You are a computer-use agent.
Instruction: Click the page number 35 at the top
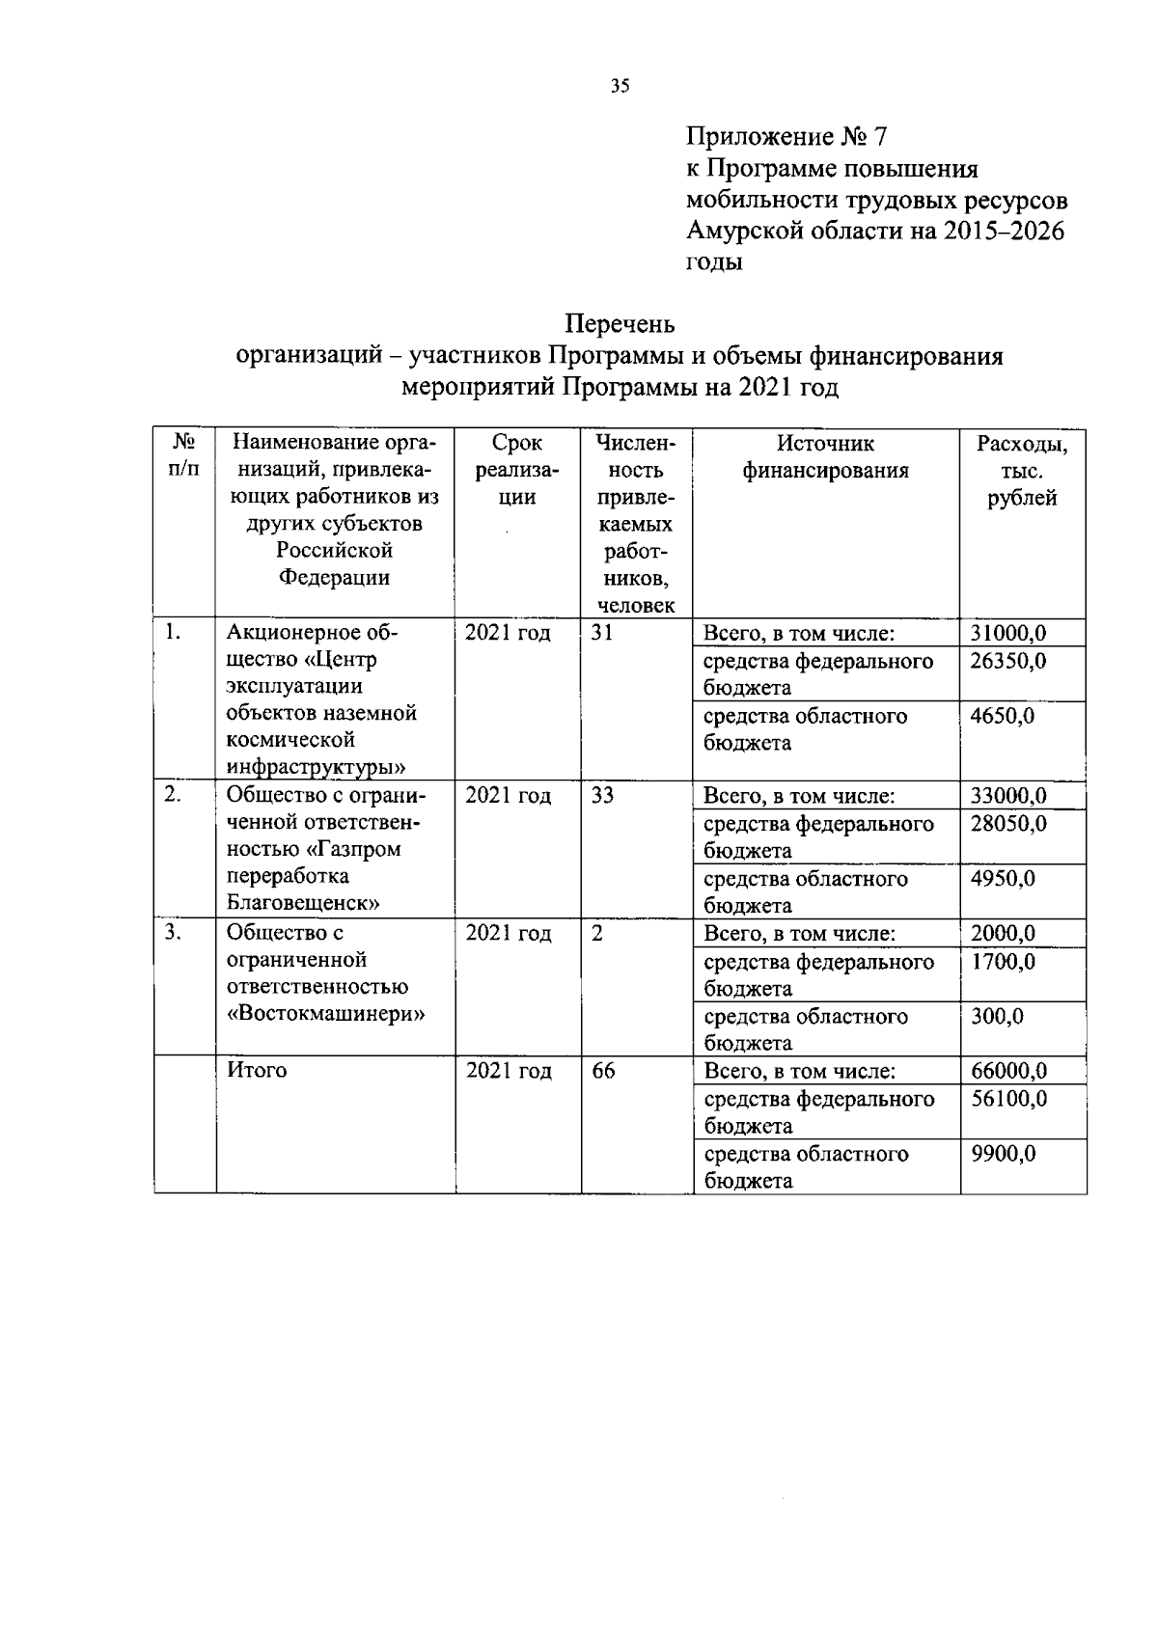click(x=620, y=87)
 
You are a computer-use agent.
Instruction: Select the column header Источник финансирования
click(x=826, y=456)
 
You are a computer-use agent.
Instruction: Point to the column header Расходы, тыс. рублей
click(x=1022, y=470)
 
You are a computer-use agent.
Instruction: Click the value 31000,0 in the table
click(x=1008, y=634)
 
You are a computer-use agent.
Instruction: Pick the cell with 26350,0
click(x=1008, y=662)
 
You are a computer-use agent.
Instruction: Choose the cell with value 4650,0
click(x=1003, y=717)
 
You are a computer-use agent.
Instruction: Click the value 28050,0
click(x=1008, y=825)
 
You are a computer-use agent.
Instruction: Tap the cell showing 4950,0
click(x=1003, y=880)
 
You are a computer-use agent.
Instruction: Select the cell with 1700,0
click(x=1003, y=962)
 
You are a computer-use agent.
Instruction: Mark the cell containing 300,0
click(x=997, y=1017)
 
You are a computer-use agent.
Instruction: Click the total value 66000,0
click(x=1008, y=1072)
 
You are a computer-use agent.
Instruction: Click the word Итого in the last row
click(x=257, y=1071)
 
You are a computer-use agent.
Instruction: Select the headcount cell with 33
click(x=602, y=796)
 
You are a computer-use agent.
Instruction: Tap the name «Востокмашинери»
click(x=326, y=1014)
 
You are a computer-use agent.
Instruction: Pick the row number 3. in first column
click(x=173, y=933)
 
